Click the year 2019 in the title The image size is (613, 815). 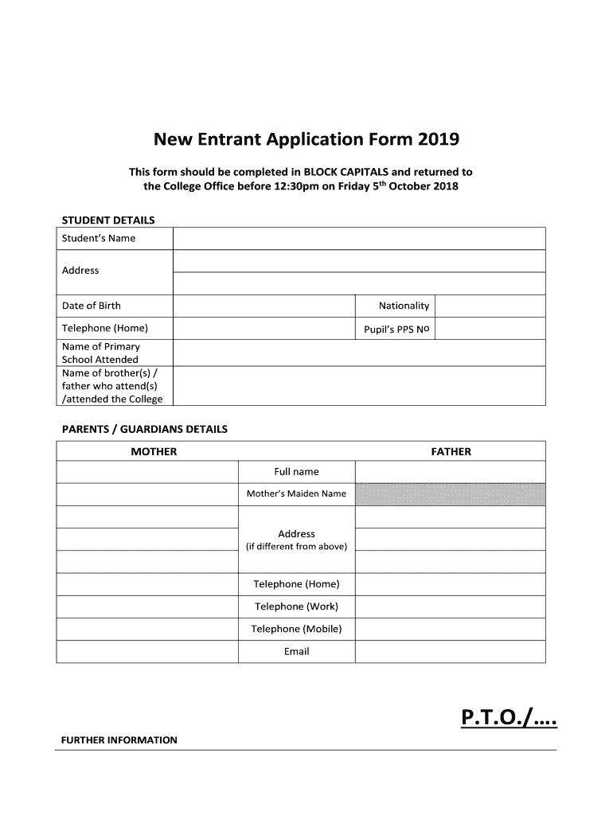pos(436,140)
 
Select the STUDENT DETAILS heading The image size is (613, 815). pos(108,220)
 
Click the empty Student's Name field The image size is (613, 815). pos(358,238)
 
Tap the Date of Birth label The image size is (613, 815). pos(92,306)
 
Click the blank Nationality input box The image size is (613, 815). pos(490,306)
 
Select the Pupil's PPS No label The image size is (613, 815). pos(396,329)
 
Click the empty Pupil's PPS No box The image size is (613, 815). pos(490,329)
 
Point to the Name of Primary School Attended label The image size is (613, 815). pos(100,353)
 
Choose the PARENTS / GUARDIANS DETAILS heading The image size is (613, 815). pos(145,429)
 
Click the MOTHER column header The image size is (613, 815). pos(154,451)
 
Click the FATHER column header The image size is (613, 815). pos(451,451)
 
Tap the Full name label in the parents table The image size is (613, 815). pos(296,472)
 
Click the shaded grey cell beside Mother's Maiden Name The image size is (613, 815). pos(450,493)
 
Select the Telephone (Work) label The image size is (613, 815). pos(296,606)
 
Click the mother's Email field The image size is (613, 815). pos(147,651)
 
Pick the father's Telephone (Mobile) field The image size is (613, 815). pos(450,629)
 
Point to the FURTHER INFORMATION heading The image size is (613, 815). pos(119,740)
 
